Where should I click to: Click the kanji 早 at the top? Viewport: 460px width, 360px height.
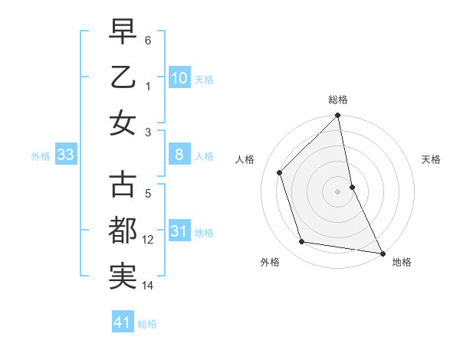[123, 31]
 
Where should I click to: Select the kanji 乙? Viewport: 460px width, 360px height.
[123, 77]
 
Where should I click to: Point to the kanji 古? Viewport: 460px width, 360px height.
[123, 185]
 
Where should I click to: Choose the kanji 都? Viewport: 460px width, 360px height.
[123, 231]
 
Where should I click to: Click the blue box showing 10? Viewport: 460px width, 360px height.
[179, 77]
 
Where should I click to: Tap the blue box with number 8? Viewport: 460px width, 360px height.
[179, 155]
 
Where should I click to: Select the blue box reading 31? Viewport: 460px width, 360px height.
[179, 231]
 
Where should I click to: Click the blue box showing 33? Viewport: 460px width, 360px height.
[65, 155]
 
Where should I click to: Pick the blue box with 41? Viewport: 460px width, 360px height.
[123, 322]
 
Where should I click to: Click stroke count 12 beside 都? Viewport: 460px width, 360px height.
[148, 240]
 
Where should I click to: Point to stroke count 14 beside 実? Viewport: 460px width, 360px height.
[148, 286]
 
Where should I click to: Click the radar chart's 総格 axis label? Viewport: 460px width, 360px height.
[338, 100]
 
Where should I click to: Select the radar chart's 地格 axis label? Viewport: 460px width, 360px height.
[402, 262]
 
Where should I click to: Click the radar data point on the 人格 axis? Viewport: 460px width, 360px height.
[280, 172]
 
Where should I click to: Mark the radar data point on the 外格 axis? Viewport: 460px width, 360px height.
[302, 242]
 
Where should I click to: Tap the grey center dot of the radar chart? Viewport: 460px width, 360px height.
[338, 191]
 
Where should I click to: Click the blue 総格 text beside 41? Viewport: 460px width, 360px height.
[147, 324]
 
